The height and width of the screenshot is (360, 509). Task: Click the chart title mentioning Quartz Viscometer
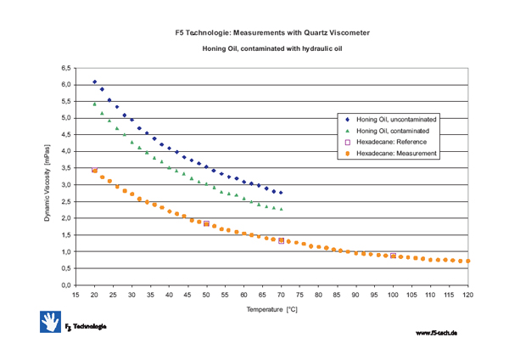click(x=271, y=32)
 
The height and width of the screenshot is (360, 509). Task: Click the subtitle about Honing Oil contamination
click(x=271, y=50)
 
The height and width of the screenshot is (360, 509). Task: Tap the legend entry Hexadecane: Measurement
click(x=396, y=154)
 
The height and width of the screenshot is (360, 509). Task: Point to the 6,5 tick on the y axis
click(x=64, y=68)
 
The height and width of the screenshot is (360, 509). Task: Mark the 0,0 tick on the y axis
click(x=64, y=285)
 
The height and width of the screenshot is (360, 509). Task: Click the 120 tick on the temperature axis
click(x=467, y=295)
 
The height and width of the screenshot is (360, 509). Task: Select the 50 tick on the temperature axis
click(x=206, y=295)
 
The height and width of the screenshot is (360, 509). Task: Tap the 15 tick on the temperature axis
click(x=76, y=295)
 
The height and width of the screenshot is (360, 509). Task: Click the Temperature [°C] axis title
click(x=271, y=311)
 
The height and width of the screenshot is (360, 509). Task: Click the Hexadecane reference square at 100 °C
click(x=393, y=256)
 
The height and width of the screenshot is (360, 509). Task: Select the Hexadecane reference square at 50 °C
click(x=206, y=223)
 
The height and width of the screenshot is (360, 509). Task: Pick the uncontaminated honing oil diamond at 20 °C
click(x=94, y=82)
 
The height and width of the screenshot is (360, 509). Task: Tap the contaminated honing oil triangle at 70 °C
click(x=281, y=209)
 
